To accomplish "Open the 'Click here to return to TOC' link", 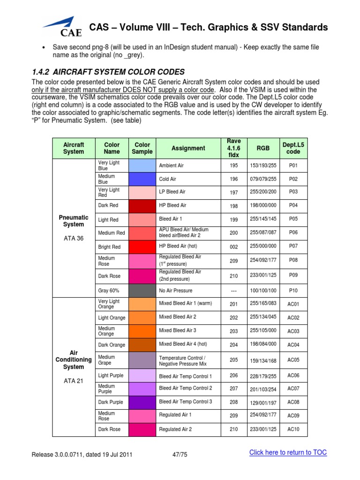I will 288,452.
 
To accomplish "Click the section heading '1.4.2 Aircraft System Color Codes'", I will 108,72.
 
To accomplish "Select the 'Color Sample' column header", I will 142,148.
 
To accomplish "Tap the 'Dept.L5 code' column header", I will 293,148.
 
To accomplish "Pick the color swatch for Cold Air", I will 142,179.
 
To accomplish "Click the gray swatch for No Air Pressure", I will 142,291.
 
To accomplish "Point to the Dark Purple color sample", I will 142,402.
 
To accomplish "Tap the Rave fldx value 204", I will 233,345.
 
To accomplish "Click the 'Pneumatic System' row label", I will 74,221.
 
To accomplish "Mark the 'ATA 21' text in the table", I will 74,381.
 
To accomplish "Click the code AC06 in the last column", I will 293,376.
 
